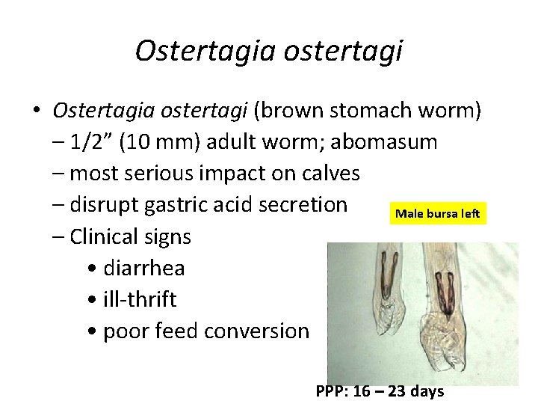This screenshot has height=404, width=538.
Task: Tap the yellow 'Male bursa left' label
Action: tap(437, 214)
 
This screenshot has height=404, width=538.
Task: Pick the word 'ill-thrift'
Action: tap(140, 299)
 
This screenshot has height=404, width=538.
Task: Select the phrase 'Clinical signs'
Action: tap(130, 236)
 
